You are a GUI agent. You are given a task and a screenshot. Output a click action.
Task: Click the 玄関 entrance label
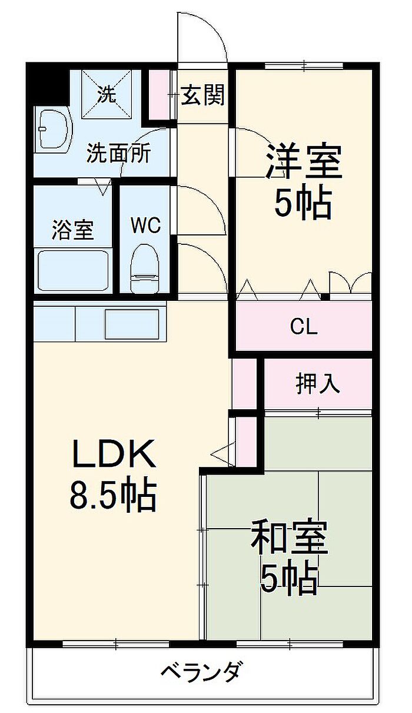pyautogui.click(x=202, y=95)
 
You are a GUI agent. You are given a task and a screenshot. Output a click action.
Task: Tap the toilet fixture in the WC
pyautogui.click(x=145, y=268)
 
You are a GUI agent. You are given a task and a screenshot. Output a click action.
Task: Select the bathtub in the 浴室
pyautogui.click(x=74, y=271)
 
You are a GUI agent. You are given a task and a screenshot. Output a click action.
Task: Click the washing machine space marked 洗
pyautogui.click(x=107, y=95)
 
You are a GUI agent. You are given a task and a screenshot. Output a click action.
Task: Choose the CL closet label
pyautogui.click(x=304, y=327)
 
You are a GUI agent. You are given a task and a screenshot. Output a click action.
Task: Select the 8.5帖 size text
pyautogui.click(x=113, y=496)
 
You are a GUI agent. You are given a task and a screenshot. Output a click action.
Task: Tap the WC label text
pyautogui.click(x=146, y=225)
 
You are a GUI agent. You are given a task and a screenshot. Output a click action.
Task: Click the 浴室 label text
pyautogui.click(x=73, y=229)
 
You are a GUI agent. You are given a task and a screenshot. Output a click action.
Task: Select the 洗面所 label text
pyautogui.click(x=119, y=153)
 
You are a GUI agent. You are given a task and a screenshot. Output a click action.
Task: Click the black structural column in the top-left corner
pyautogui.click(x=48, y=84)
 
